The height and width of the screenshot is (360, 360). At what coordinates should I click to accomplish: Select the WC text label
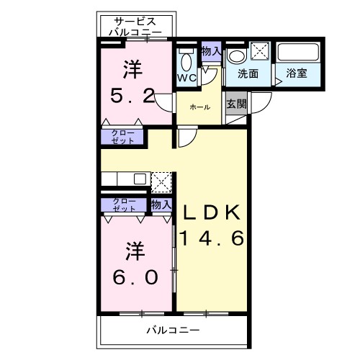(x=186, y=77)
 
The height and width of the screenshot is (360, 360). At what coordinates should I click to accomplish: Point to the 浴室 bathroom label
(x=297, y=73)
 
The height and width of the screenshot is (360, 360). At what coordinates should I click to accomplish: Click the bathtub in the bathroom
(x=298, y=52)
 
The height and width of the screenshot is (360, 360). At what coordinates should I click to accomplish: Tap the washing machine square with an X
(x=261, y=51)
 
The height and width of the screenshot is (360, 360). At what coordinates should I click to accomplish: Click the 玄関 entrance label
(x=235, y=104)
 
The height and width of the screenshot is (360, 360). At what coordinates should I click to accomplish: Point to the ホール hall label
(x=199, y=107)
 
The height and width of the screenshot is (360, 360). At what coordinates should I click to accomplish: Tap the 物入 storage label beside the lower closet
(x=161, y=204)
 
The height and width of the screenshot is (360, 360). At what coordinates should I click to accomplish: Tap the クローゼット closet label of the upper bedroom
(x=121, y=138)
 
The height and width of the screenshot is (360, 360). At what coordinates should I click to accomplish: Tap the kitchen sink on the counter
(x=139, y=179)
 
